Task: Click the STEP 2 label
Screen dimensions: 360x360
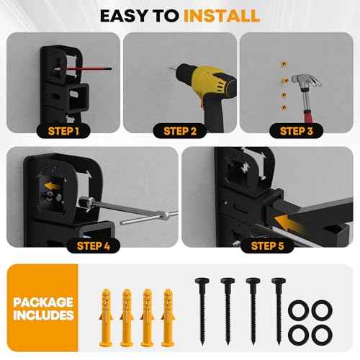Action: (180, 130)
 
